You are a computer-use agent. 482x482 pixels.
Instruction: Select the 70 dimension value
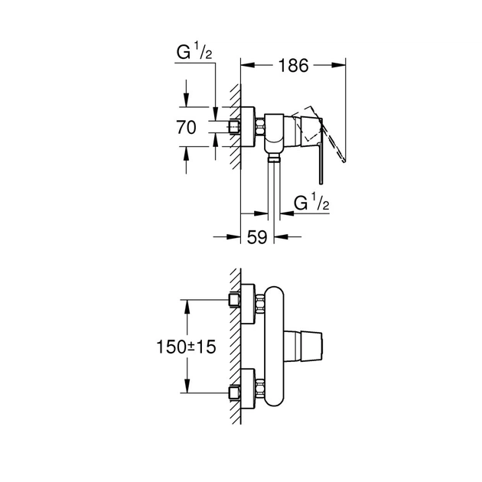(x=187, y=128)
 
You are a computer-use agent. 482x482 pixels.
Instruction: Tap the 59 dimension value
(x=257, y=237)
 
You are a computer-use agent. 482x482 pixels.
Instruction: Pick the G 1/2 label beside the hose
(x=312, y=203)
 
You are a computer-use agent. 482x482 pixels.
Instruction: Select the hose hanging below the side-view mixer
(x=273, y=191)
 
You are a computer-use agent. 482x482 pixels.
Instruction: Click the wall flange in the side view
(x=248, y=127)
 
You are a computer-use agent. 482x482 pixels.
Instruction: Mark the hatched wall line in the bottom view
(x=237, y=344)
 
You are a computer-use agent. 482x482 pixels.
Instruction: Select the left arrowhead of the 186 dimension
(x=246, y=67)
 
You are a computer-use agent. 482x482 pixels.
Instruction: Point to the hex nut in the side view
(x=262, y=127)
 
